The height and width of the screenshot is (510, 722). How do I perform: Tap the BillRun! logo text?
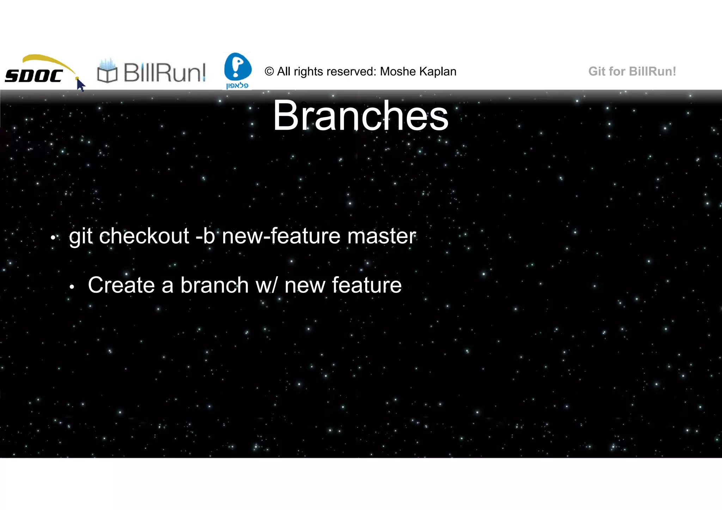(x=164, y=73)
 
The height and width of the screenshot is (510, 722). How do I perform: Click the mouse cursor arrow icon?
(x=80, y=85)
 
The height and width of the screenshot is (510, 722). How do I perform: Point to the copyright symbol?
(x=269, y=71)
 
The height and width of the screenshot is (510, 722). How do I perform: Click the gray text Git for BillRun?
(x=632, y=71)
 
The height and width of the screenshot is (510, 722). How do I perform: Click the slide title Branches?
(x=360, y=116)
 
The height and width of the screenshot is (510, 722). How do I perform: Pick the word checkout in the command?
(x=144, y=236)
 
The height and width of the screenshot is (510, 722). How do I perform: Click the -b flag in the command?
(x=205, y=236)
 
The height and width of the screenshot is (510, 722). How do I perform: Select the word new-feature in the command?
(x=281, y=236)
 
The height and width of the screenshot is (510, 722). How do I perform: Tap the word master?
(x=381, y=236)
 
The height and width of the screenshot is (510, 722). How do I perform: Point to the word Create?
(x=121, y=285)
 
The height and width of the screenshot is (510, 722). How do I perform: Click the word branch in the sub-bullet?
(x=214, y=285)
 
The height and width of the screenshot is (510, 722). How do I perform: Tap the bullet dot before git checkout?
(x=53, y=238)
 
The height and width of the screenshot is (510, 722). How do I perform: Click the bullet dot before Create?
(x=72, y=287)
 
